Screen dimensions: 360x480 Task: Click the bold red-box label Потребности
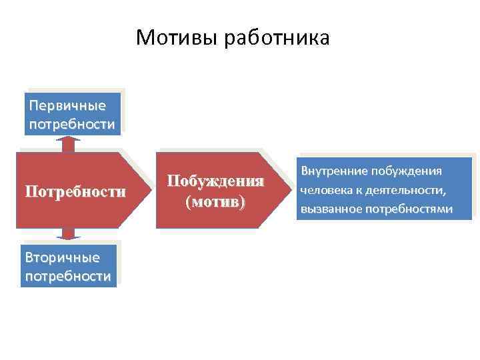pos(75,192)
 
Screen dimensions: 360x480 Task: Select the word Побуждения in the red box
pos(215,181)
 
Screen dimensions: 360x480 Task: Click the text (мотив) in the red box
pos(215,201)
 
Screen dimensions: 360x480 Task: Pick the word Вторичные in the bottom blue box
pos(62,257)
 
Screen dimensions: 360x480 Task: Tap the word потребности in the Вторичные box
pos(67,275)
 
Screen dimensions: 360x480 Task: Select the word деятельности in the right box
pos(408,190)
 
